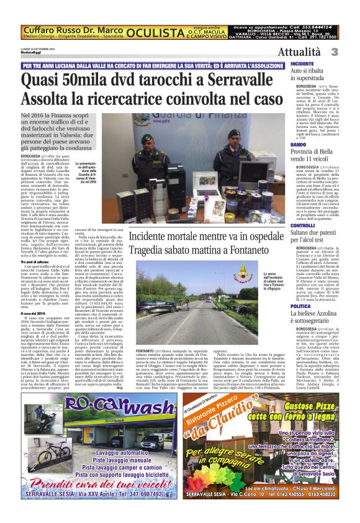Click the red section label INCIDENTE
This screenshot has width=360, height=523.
point(302,64)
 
